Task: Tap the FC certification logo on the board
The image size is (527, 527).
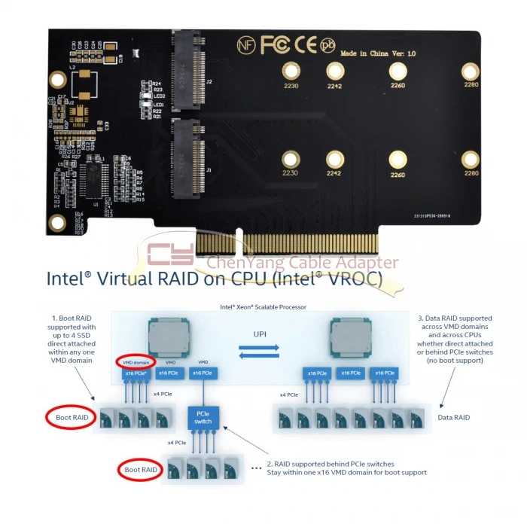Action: [x=275, y=45]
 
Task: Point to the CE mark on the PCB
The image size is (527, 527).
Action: [x=306, y=45]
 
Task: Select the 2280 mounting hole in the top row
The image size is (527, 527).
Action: [x=471, y=72]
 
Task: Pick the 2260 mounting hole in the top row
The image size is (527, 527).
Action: [x=397, y=72]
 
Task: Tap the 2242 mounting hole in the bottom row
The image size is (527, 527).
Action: [x=334, y=160]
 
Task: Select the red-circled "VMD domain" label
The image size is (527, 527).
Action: [x=136, y=362]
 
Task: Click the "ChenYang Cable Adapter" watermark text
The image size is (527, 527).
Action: [x=301, y=263]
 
